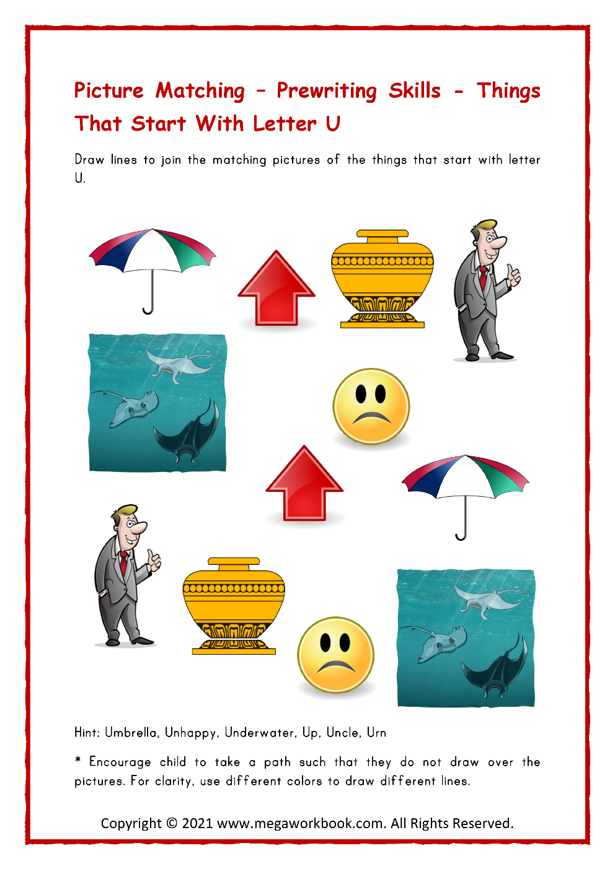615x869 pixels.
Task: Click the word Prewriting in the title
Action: [326, 91]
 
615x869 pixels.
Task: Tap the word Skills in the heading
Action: [414, 90]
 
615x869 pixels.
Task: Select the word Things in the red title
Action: [508, 91]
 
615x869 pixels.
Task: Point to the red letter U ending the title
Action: [333, 124]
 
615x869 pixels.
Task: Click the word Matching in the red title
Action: [200, 91]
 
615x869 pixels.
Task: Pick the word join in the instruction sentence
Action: [171, 160]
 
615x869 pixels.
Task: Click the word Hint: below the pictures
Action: [87, 733]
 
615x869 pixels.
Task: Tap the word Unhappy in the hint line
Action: [191, 733]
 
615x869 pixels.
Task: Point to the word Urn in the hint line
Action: [376, 733]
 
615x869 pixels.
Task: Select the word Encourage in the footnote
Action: [120, 762]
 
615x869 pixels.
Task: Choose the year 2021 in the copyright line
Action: [197, 824]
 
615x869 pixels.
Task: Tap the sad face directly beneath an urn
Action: [371, 407]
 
